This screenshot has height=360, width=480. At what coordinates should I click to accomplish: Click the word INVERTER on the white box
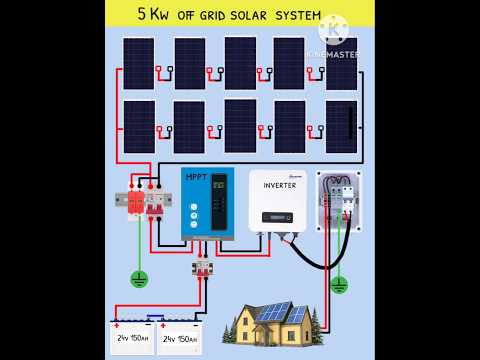(280, 185)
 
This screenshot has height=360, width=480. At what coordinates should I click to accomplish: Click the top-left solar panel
(138, 62)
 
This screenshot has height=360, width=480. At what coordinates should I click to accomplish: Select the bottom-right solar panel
(341, 126)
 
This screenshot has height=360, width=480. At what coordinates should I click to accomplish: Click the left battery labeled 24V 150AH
(132, 338)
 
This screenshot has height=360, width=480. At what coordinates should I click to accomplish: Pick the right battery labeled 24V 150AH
(179, 338)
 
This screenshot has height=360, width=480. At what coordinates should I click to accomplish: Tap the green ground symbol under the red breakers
(140, 278)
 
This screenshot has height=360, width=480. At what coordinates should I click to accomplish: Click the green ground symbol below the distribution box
(339, 284)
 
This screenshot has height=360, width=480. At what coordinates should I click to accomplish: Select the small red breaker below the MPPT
(202, 268)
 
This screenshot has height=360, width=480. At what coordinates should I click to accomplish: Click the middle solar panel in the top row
(240, 62)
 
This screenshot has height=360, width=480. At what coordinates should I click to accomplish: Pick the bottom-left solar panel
(138, 126)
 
